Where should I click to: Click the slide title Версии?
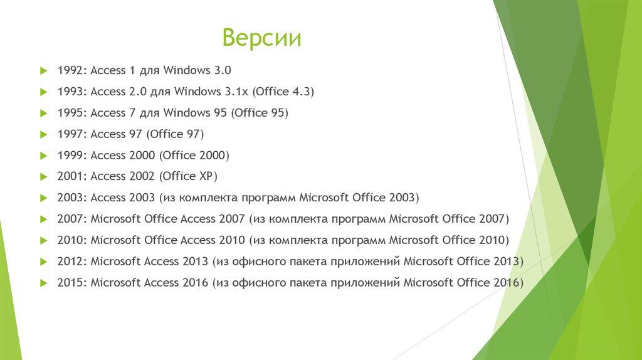262,39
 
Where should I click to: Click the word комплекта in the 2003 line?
207,198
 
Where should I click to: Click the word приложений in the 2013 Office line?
368,262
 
